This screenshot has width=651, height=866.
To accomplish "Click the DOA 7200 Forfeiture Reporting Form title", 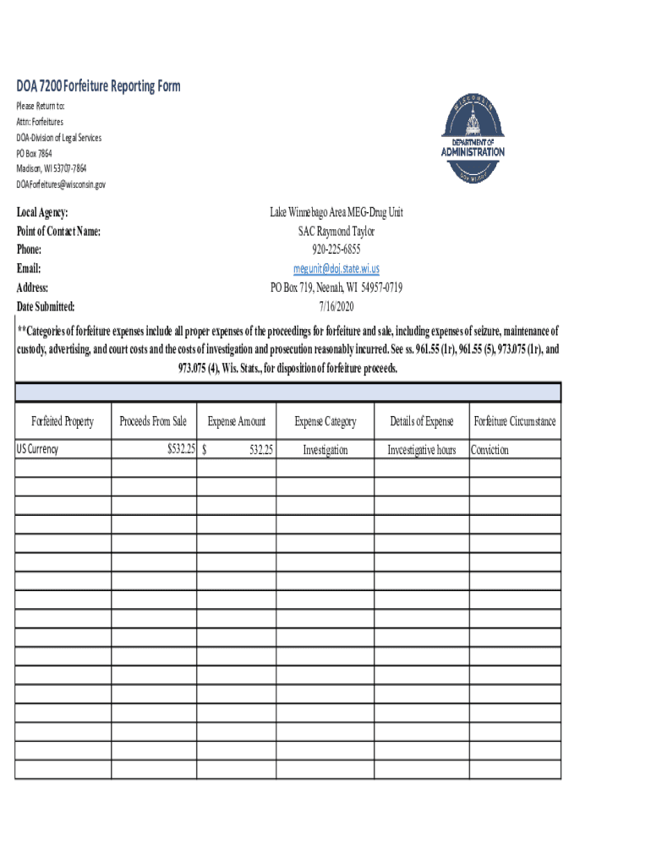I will pos(98,86).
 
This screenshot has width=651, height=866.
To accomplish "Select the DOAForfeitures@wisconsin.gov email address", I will pos(62,184).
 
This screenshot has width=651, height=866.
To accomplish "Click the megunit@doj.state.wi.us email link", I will pos(336,269).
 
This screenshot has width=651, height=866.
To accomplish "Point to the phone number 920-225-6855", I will pos(336,249).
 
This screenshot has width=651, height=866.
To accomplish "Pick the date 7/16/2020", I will pos(336,306).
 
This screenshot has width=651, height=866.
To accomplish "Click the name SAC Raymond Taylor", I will pos(336,231).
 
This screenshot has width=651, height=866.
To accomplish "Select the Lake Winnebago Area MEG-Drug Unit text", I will pos(336,212).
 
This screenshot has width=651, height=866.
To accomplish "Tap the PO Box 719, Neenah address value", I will pos(336,288).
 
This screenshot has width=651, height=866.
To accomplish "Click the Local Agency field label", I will pos(43,212).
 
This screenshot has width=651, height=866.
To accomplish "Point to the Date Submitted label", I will pos(46,306).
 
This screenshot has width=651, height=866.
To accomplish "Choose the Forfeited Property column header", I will pos(63,421).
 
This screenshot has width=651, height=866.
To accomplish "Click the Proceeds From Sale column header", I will pos(153,421).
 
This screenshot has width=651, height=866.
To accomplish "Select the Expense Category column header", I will pos(325,421).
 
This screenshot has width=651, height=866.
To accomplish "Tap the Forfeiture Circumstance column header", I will pos(514,421).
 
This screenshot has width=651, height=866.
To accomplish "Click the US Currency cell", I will pos(38,450).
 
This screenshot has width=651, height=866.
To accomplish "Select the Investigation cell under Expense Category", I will pos(325,450).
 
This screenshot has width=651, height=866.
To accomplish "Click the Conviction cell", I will pos(490,450).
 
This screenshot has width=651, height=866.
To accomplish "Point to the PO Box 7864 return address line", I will pos(35,153).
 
